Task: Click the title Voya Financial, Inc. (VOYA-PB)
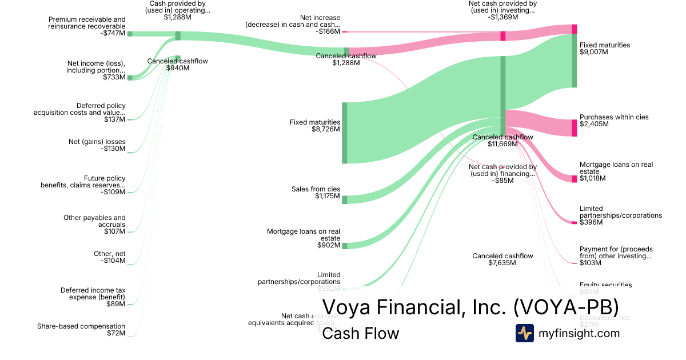tap(470, 307)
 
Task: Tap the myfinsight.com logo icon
tap(524, 333)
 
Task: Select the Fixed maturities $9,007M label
tap(604, 48)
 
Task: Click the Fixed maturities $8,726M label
tap(315, 126)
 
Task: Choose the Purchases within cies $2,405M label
tap(613, 121)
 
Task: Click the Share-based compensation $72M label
tap(81, 330)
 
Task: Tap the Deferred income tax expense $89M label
tap(93, 297)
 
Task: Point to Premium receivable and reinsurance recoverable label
tap(87, 26)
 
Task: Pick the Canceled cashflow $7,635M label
tap(502, 259)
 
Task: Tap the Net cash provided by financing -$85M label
tap(502, 174)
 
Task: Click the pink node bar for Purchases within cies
tap(575, 127)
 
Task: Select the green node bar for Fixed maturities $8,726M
tap(345, 133)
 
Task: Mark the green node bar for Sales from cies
tap(345, 199)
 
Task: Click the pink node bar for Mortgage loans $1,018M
tap(575, 179)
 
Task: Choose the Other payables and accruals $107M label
tap(94, 224)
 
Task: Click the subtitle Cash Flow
tap(360, 334)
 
